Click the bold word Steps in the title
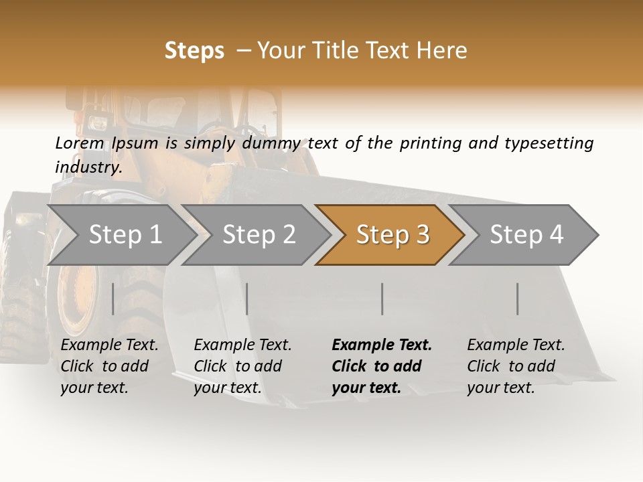click(194, 51)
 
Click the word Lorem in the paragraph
click(80, 143)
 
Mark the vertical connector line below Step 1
click(113, 299)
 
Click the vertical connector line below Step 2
click(247, 299)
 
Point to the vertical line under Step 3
click(382, 299)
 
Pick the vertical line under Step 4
click(518, 299)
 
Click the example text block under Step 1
click(109, 366)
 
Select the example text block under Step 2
click(242, 366)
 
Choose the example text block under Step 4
click(516, 366)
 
